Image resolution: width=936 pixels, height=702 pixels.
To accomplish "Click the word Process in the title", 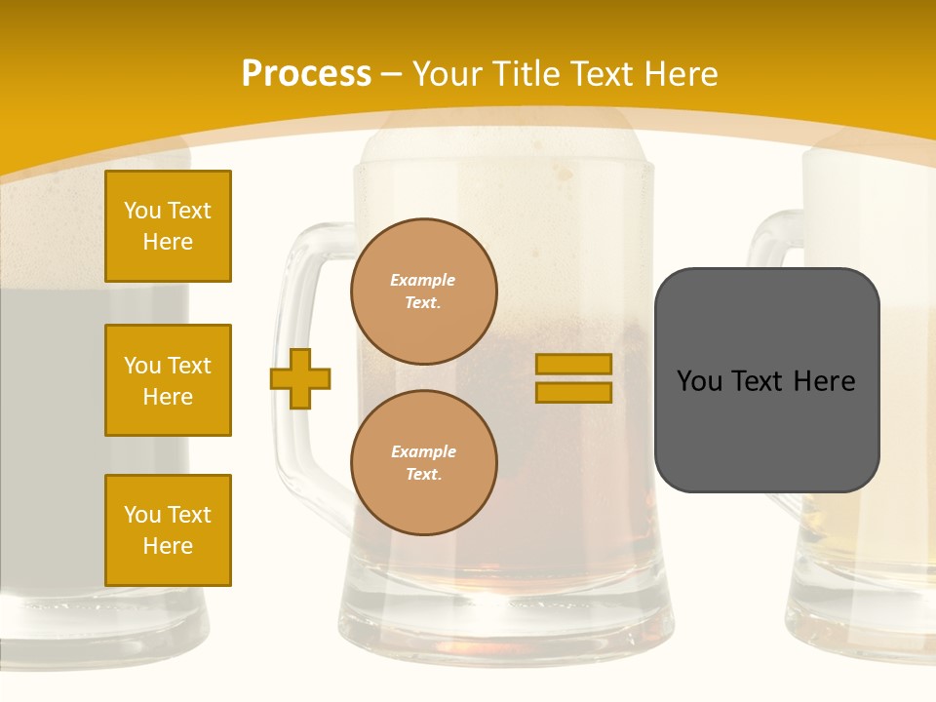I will pyautogui.click(x=306, y=74).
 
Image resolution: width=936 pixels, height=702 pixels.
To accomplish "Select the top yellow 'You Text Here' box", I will pyautogui.click(x=168, y=226).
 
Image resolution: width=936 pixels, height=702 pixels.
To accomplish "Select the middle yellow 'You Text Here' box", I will pyautogui.click(x=168, y=380).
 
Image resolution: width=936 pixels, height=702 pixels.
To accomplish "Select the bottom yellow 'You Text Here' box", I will pyautogui.click(x=168, y=530).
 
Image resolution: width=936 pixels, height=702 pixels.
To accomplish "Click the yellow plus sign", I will pyautogui.click(x=300, y=378).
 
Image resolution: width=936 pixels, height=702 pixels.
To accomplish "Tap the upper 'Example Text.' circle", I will pyautogui.click(x=424, y=291).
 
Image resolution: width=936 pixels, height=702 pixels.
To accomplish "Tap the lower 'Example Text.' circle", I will pyautogui.click(x=424, y=462).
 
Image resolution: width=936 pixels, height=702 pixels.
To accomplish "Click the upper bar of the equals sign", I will pyautogui.click(x=574, y=364).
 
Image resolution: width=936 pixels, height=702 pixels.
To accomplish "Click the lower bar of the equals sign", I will pyautogui.click(x=574, y=392).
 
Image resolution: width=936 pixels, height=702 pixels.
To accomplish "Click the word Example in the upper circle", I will pyautogui.click(x=423, y=281).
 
